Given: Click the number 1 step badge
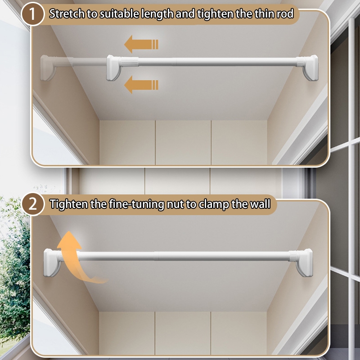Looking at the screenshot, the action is pyautogui.click(x=32, y=14).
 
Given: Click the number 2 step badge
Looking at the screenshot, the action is pyautogui.click(x=32, y=204).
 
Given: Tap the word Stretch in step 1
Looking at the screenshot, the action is pyautogui.click(x=67, y=14).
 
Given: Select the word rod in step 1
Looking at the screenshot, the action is pyautogui.click(x=285, y=14).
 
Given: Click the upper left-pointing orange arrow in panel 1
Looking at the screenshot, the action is pyautogui.click(x=141, y=44).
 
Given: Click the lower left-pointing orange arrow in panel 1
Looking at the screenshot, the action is pyautogui.click(x=141, y=85).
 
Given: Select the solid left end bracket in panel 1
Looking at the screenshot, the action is pyautogui.click(x=114, y=68).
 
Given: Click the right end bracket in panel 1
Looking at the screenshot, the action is pyautogui.click(x=310, y=68).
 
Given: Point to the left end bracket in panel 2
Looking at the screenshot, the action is pyautogui.click(x=52, y=263).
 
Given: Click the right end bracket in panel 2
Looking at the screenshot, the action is pyautogui.click(x=305, y=263).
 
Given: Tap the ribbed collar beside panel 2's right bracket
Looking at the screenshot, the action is pyautogui.click(x=293, y=256).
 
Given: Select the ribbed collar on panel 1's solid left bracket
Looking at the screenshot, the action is pyautogui.click(x=130, y=62).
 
